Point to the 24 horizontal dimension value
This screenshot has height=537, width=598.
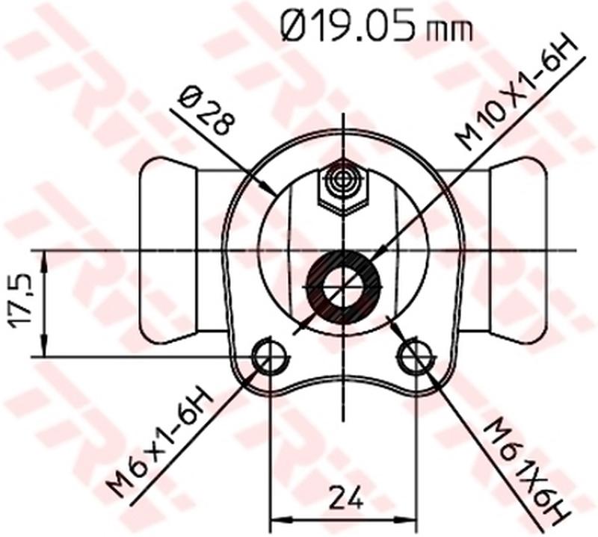tap(345, 497)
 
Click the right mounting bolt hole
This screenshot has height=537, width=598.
tap(415, 357)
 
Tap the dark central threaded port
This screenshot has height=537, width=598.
tap(344, 288)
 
